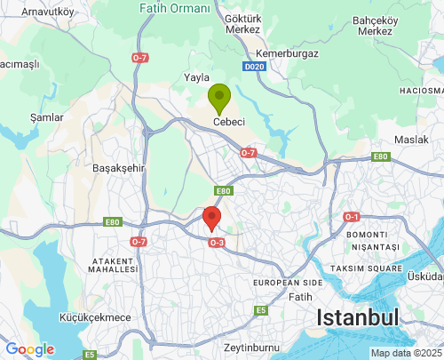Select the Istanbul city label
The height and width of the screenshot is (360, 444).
point(359,317)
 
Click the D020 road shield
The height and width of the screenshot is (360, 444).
point(254,66)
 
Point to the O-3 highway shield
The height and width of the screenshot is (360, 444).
point(217,242)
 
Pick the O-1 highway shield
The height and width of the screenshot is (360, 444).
point(352,217)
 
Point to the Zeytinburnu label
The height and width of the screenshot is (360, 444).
point(252,347)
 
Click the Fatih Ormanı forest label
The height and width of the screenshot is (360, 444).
point(176,8)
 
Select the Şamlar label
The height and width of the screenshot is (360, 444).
point(46,116)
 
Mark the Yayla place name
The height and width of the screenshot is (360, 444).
point(194,77)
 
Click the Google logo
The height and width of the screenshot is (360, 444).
point(29,349)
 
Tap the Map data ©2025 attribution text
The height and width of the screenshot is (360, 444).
point(405,353)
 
